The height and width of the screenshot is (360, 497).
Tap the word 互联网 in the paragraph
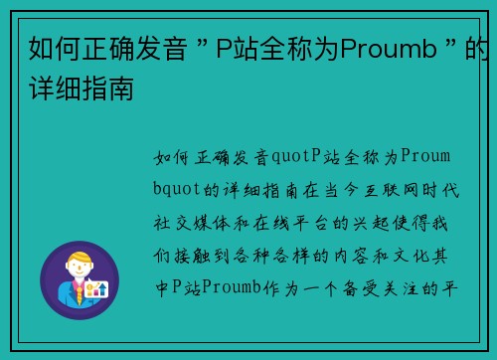(383, 188)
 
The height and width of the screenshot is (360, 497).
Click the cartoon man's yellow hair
(79, 260)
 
